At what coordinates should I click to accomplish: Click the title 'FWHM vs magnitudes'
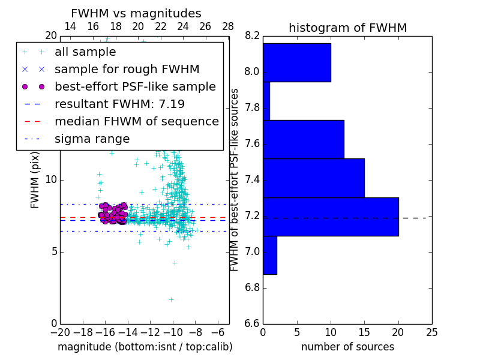pyautogui.click(x=136, y=14)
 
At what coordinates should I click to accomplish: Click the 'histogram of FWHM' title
pyautogui.click(x=347, y=28)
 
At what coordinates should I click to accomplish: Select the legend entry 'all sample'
pyautogui.click(x=85, y=52)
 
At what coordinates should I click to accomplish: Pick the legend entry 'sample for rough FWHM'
pyautogui.click(x=127, y=70)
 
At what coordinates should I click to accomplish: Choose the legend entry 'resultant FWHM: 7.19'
pyautogui.click(x=119, y=104)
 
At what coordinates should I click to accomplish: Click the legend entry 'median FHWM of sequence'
pyautogui.click(x=136, y=122)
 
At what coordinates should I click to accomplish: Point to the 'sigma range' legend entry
pyautogui.click(x=92, y=139)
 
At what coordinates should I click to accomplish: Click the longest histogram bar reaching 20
pyautogui.click(x=331, y=217)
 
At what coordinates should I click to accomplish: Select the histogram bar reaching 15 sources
pyautogui.click(x=313, y=178)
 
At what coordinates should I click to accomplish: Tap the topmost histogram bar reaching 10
pyautogui.click(x=296, y=62)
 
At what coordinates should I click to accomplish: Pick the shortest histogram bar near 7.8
pyautogui.click(x=266, y=101)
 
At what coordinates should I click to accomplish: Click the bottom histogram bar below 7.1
pyautogui.click(x=269, y=255)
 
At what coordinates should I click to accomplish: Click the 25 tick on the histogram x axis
pyautogui.click(x=431, y=332)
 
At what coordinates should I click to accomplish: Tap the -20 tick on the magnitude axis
pyautogui.click(x=60, y=332)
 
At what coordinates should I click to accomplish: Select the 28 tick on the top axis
pyautogui.click(x=228, y=26)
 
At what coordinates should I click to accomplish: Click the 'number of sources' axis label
pyautogui.click(x=347, y=347)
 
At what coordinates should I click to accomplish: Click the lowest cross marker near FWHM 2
pyautogui.click(x=171, y=299)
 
